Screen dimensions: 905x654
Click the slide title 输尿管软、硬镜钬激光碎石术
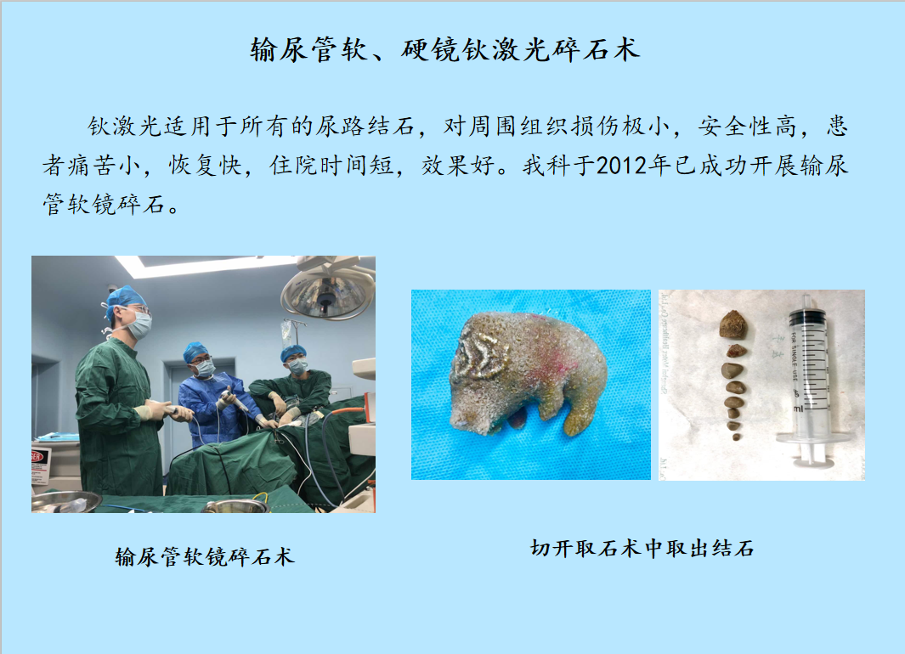tap(445, 49)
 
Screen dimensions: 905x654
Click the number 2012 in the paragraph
tap(620, 166)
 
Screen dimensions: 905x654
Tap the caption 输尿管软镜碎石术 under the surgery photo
tap(205, 556)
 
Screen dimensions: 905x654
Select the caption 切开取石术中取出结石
tap(642, 548)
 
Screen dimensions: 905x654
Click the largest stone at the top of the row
tap(733, 324)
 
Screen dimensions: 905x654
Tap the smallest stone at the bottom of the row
tap(737, 437)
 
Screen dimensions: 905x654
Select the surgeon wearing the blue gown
tap(213, 398)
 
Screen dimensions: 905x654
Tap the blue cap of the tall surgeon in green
tap(125, 300)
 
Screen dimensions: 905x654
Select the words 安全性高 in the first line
tap(748, 127)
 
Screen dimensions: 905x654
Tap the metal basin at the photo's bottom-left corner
tap(65, 502)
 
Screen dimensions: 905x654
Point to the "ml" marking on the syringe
tap(798, 409)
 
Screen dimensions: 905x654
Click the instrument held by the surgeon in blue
tap(233, 400)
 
